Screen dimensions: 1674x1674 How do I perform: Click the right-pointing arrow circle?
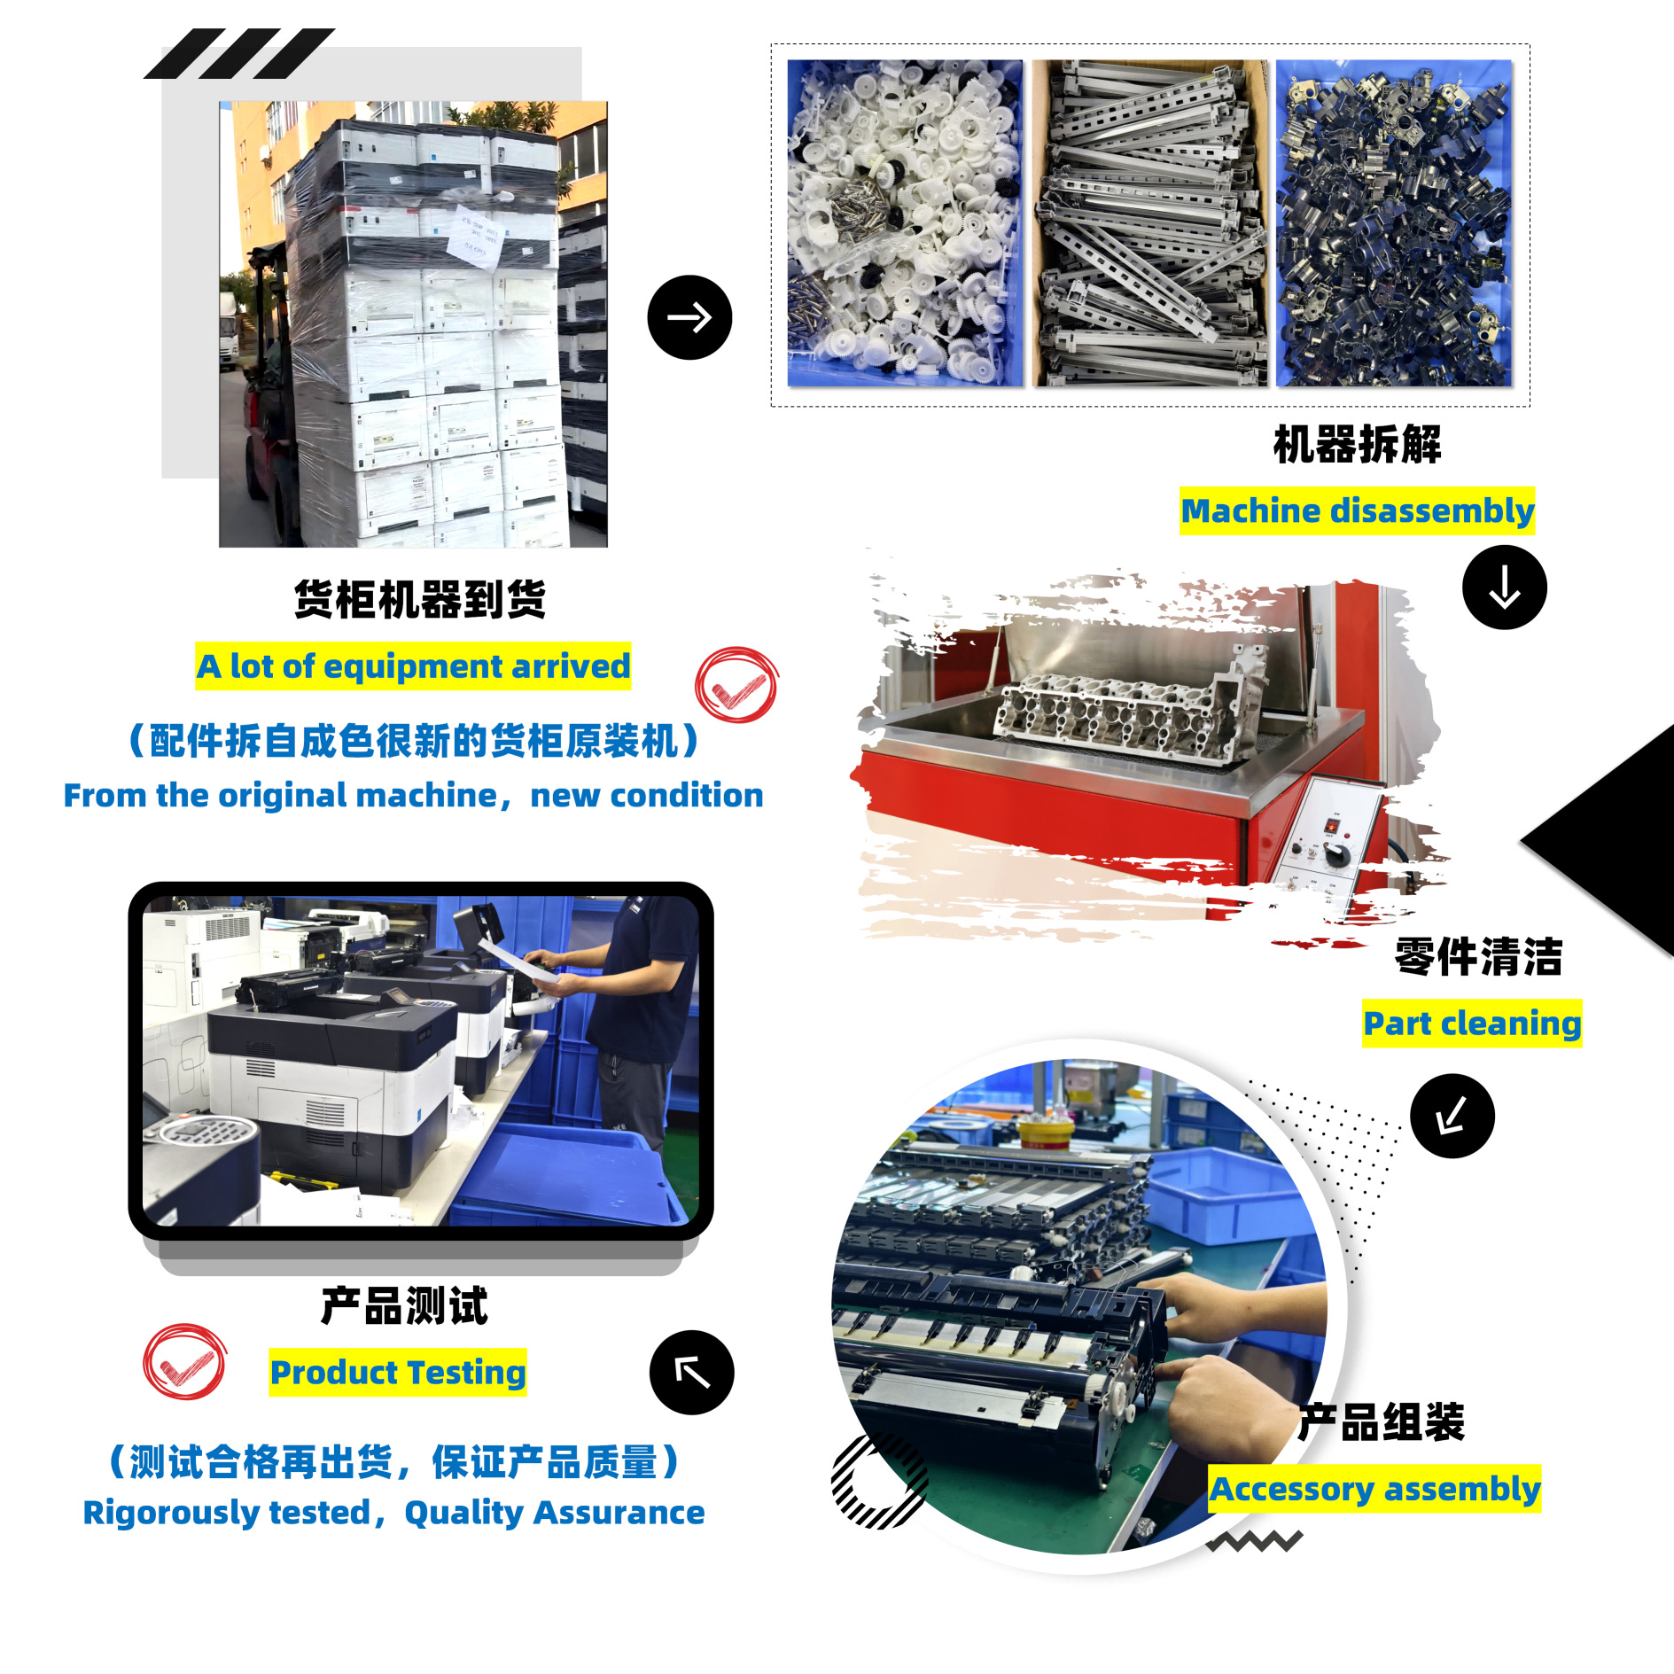(x=689, y=317)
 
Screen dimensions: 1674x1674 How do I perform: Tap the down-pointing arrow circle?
(x=1505, y=588)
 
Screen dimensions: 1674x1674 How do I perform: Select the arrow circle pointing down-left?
(x=1452, y=1116)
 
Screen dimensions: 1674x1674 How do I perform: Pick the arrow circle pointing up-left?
(x=692, y=1373)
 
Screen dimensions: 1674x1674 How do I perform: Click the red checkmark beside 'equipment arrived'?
(x=736, y=685)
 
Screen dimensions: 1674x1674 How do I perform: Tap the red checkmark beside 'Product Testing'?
(x=184, y=1362)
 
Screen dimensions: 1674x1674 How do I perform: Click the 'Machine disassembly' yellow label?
(x=1357, y=510)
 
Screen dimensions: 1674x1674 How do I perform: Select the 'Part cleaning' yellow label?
(x=1472, y=1024)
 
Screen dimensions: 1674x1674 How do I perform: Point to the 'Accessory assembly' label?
(x=1374, y=1489)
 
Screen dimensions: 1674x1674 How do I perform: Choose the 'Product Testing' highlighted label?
(x=398, y=1373)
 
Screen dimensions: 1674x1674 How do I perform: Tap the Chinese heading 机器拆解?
(x=1357, y=444)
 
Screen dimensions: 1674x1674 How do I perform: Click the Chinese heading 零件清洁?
(x=1478, y=957)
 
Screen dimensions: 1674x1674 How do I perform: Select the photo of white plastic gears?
(x=905, y=222)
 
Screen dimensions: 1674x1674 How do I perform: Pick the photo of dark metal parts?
(x=1394, y=222)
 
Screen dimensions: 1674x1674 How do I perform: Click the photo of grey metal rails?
(x=1149, y=222)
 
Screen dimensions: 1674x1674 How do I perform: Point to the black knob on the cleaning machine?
(x=1336, y=854)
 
